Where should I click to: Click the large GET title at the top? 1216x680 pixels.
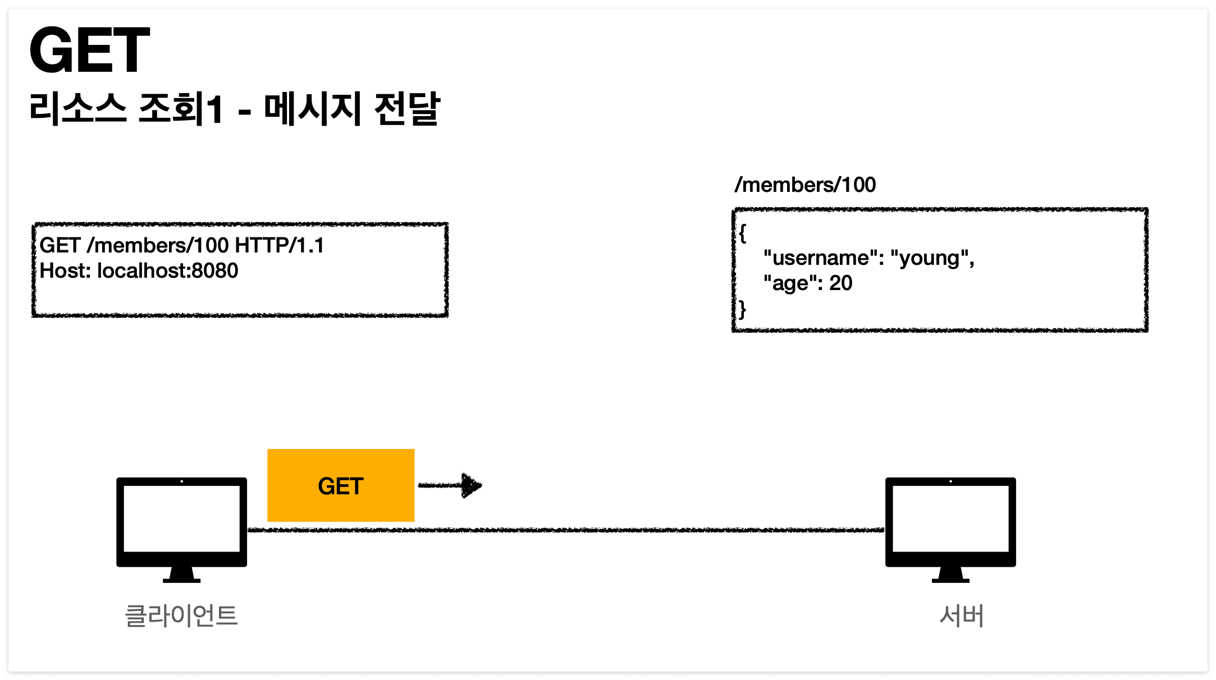90,50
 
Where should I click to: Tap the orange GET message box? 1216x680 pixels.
341,485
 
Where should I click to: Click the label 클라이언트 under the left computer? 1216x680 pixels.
181,615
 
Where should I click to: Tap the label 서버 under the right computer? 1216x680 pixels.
961,615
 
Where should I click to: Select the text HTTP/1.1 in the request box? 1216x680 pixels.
279,246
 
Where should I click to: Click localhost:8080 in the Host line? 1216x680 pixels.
167,271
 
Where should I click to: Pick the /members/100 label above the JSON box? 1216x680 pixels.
805,185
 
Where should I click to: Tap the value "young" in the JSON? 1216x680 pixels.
932,258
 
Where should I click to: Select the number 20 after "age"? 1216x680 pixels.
840,283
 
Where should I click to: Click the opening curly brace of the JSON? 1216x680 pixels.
742,233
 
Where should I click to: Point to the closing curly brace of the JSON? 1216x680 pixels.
742,309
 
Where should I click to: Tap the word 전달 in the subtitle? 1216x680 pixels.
406,108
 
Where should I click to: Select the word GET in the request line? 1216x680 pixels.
60,246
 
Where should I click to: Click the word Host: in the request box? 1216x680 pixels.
65,271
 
